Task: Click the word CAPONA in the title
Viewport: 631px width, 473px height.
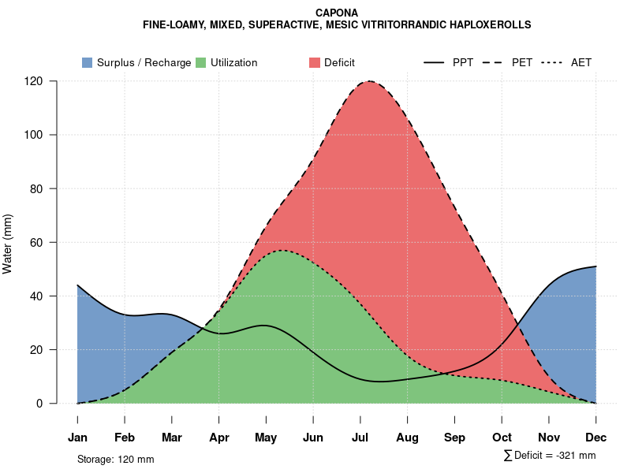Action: pos(336,13)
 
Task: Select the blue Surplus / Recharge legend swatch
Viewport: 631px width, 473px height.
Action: pos(87,62)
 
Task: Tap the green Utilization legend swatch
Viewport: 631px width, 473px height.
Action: pos(200,62)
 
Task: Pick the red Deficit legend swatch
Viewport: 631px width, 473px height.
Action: pos(314,62)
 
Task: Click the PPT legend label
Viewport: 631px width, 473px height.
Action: pos(463,62)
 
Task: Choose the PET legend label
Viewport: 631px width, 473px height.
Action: pos(522,62)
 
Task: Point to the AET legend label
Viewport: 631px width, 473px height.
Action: pos(581,62)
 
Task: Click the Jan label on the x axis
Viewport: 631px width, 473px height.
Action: pos(77,438)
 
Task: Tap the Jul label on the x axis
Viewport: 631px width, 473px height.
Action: pos(360,438)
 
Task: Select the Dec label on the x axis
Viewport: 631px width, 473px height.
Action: pos(596,438)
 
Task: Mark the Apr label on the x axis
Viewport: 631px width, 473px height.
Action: pos(219,438)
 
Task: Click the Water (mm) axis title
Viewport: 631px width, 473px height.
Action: pos(8,243)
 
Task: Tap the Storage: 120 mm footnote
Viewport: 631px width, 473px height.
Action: pos(115,459)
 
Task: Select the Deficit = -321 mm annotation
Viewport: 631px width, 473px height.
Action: pos(550,456)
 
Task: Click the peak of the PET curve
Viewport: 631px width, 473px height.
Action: pos(368,81)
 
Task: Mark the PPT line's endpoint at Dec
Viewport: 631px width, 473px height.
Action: pos(596,266)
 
